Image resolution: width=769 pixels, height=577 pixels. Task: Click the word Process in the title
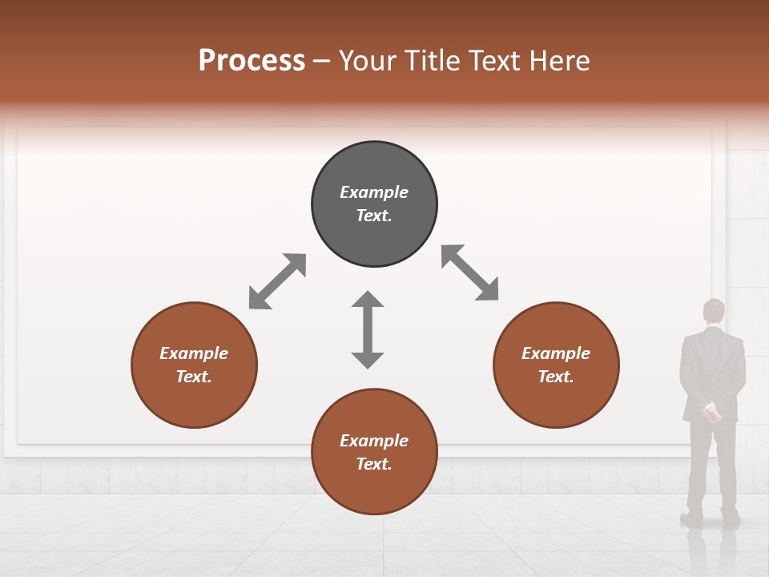[252, 61]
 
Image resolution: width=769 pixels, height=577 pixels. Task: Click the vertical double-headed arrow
[368, 329]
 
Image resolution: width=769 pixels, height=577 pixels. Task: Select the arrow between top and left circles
[277, 281]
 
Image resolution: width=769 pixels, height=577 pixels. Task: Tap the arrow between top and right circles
[469, 272]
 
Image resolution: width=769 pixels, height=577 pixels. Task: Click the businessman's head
[713, 311]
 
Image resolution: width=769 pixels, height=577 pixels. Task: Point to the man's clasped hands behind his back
[711, 413]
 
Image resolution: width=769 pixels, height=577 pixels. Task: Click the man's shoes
[710, 518]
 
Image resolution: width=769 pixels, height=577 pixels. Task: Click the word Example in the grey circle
[374, 192]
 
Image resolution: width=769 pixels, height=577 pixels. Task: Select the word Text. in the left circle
[194, 377]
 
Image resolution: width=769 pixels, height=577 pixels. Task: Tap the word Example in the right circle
[556, 353]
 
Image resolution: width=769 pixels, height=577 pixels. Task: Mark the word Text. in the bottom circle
[374, 464]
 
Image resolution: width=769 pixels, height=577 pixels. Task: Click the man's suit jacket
[712, 369]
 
